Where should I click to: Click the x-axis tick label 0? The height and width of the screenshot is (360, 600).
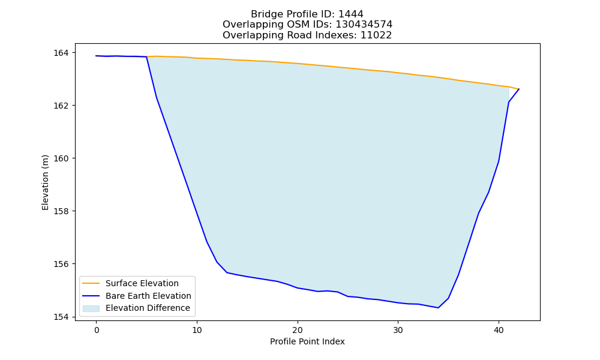point(97,330)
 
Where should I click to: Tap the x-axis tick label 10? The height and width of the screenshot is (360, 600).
point(197,330)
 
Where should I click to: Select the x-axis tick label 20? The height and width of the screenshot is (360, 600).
point(298,330)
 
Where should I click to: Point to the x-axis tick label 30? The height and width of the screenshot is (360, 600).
point(398,330)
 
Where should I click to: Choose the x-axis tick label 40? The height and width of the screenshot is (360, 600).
point(499,330)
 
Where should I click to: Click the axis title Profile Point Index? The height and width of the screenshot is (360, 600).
point(307,341)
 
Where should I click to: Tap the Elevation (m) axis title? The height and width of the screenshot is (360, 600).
point(45,182)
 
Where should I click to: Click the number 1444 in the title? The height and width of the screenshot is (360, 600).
point(351,14)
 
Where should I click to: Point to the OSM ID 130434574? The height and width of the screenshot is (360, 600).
point(364,25)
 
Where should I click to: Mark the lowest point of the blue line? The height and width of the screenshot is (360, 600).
point(438,308)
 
